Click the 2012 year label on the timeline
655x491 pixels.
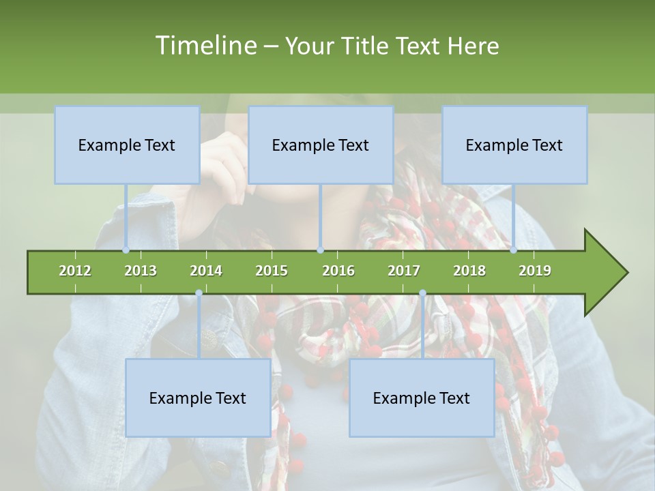click(75, 271)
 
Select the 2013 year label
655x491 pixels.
click(141, 271)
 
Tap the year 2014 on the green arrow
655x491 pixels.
click(206, 271)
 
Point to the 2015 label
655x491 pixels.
click(272, 271)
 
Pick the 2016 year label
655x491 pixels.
click(338, 271)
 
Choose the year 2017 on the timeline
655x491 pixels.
click(404, 271)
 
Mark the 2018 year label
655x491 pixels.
click(469, 271)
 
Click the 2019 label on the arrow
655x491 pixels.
click(535, 271)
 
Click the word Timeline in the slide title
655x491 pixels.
click(205, 46)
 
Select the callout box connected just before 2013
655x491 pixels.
click(127, 145)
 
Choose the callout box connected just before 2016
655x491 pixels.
click(321, 145)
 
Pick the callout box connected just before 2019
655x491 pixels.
click(514, 145)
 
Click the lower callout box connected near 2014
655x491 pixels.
click(198, 398)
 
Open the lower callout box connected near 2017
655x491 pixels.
click(422, 398)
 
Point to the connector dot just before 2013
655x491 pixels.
click(126, 250)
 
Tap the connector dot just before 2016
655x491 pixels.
click(321, 250)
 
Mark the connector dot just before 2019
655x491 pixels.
click(514, 250)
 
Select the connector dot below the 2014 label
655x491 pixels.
click(199, 293)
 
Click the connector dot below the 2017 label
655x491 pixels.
click(422, 293)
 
